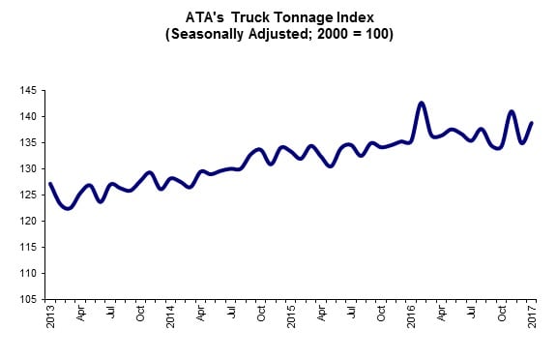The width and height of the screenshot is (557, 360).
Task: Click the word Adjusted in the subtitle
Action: point(303,34)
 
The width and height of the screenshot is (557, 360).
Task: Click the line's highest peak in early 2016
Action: point(422,103)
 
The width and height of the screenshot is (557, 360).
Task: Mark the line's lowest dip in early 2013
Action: point(67,208)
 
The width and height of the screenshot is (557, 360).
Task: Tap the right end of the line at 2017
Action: point(533,123)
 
